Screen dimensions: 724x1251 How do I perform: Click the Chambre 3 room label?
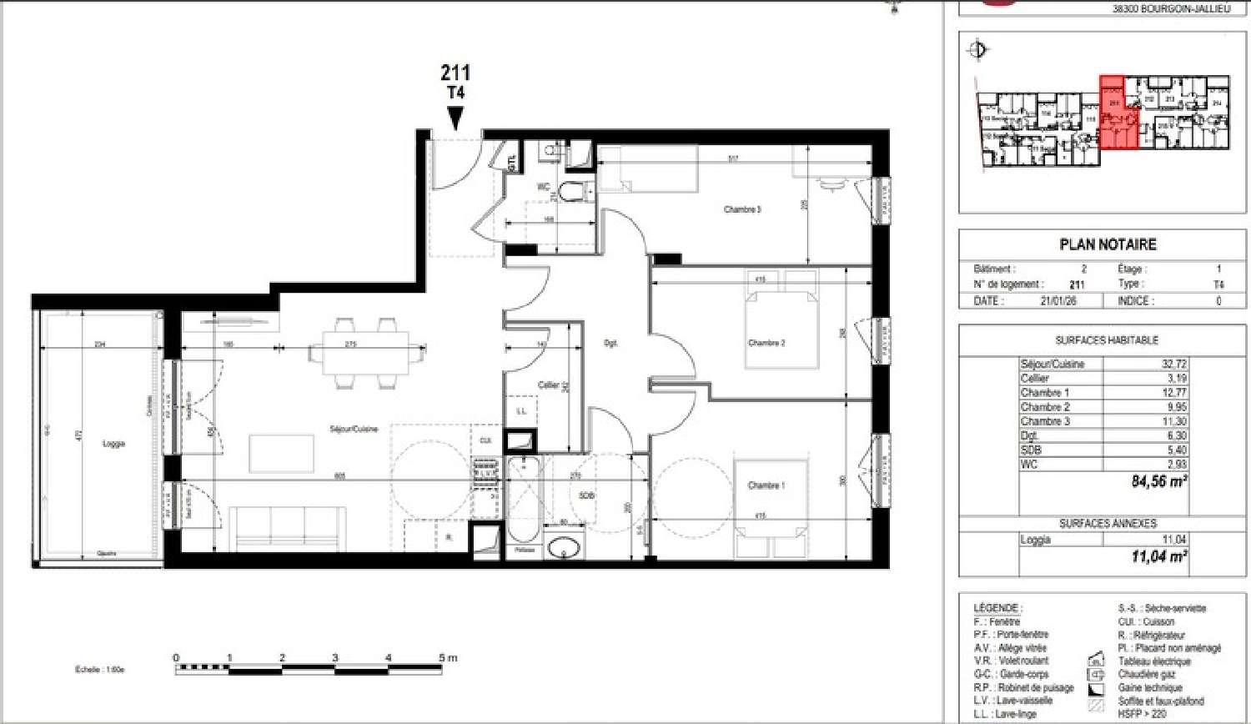[741, 209]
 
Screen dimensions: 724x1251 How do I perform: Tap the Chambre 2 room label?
[766, 343]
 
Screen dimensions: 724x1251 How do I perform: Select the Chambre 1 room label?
[766, 485]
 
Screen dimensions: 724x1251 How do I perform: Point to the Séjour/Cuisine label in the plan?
[354, 429]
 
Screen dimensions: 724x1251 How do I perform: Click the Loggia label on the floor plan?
[113, 444]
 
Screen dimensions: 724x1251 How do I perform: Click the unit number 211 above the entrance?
[455, 73]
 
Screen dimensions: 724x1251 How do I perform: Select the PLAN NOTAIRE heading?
[1108, 244]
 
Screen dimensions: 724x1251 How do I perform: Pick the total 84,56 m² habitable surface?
[1158, 481]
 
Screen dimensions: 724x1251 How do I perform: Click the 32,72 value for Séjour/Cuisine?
[1173, 365]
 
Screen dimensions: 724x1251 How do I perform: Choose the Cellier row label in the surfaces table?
[1035, 379]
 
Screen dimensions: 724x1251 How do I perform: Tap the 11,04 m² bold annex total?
[1158, 556]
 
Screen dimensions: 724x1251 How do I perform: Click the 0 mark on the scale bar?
[176, 659]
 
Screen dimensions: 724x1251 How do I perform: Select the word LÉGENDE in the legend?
[997, 608]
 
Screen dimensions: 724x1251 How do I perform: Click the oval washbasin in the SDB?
[565, 548]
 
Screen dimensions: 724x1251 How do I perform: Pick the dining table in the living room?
[359, 351]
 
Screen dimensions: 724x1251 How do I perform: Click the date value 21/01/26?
[1058, 301]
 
